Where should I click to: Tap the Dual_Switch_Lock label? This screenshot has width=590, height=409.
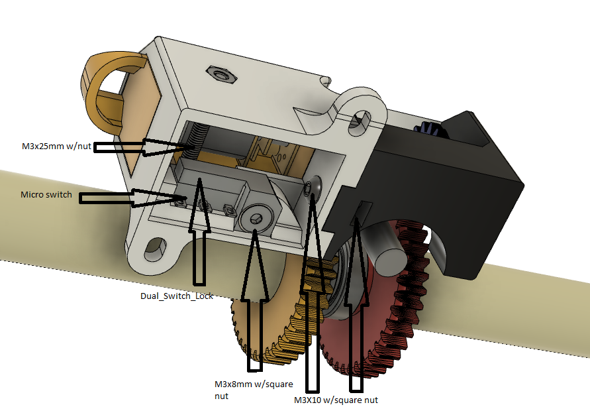pos(177,296)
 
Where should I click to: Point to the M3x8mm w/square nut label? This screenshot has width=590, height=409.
pos(243,389)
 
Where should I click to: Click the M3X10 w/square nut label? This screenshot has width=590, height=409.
pos(336,400)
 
